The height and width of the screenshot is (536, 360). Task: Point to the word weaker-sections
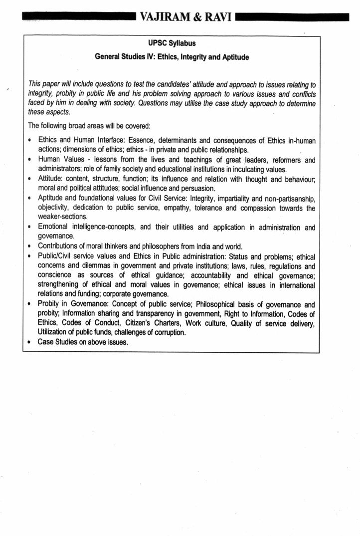[x=63, y=217]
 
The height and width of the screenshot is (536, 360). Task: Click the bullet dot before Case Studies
[x=31, y=343]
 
